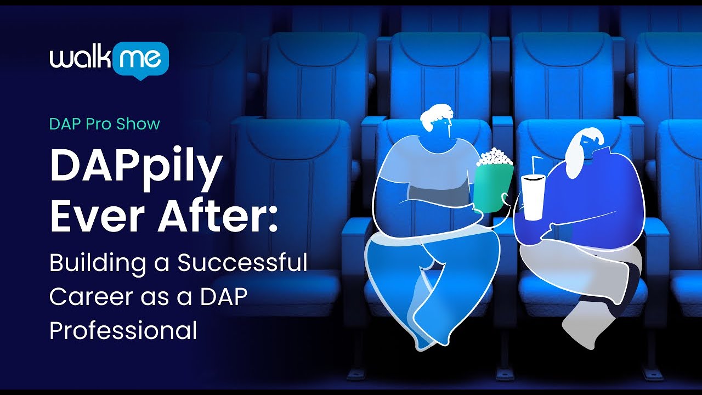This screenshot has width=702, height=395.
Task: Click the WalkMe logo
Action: tap(109, 59)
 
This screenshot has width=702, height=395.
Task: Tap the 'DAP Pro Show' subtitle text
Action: tap(104, 123)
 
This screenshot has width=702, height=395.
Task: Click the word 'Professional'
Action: tap(123, 330)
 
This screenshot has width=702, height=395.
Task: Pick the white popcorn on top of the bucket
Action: tap(495, 157)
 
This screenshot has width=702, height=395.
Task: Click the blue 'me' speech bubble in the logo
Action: tap(141, 59)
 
